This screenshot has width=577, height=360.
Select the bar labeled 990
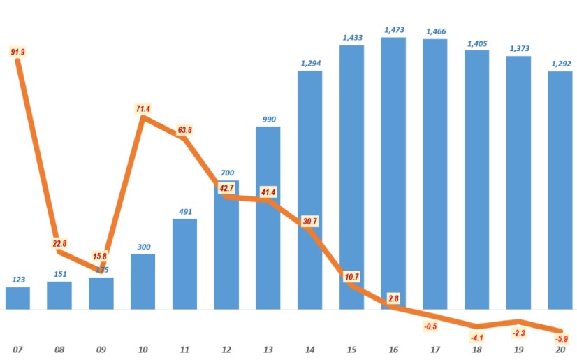[x=268, y=217]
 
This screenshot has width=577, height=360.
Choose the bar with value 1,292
[x=561, y=189]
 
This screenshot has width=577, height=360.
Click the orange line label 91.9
[x=17, y=52]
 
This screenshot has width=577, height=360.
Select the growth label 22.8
[x=59, y=243]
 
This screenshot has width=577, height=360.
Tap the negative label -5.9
[x=561, y=340]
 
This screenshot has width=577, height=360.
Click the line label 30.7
[x=310, y=221]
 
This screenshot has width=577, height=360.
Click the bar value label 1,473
[x=394, y=30]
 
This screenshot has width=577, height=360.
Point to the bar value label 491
[x=184, y=211]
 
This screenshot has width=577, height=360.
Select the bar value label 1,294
[x=310, y=63]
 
